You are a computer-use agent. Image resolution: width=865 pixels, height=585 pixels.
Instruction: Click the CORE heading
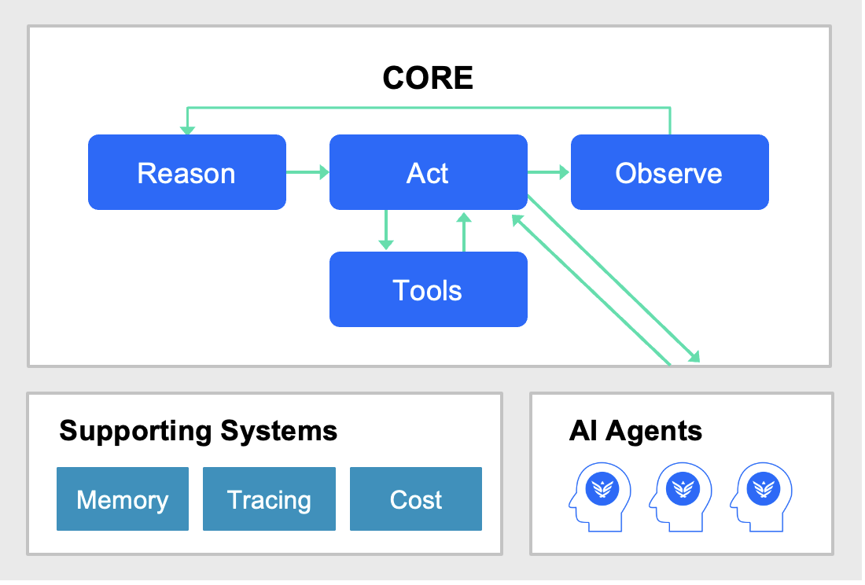pyautogui.click(x=428, y=78)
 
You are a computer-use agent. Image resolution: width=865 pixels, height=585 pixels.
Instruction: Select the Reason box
pyautogui.click(x=186, y=172)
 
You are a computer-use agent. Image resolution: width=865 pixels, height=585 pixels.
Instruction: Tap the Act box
pyautogui.click(x=428, y=172)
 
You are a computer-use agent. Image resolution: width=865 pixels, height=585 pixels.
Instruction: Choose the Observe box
pyautogui.click(x=669, y=172)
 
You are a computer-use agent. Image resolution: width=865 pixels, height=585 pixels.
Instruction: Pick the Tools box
pyautogui.click(x=428, y=289)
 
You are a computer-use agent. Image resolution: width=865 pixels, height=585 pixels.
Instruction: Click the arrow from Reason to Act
pyautogui.click(x=307, y=172)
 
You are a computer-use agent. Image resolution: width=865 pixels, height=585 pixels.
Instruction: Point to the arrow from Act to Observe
pyautogui.click(x=549, y=172)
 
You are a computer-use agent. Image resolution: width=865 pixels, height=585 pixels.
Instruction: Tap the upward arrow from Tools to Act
pyautogui.click(x=464, y=231)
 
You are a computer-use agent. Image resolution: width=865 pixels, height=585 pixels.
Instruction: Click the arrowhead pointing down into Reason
pyautogui.click(x=187, y=129)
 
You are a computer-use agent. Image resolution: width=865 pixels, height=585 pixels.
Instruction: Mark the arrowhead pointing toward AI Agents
pyautogui.click(x=693, y=357)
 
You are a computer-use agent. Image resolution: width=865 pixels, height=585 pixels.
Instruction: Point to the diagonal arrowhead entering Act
pyautogui.click(x=517, y=220)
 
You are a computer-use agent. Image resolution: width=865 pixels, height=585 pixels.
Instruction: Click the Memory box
pyautogui.click(x=123, y=499)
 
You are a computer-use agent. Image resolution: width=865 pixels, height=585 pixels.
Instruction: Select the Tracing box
pyautogui.click(x=269, y=499)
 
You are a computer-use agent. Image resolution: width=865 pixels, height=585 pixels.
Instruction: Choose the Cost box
pyautogui.click(x=415, y=499)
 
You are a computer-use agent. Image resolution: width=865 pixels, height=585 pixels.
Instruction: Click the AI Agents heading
pyautogui.click(x=635, y=431)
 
